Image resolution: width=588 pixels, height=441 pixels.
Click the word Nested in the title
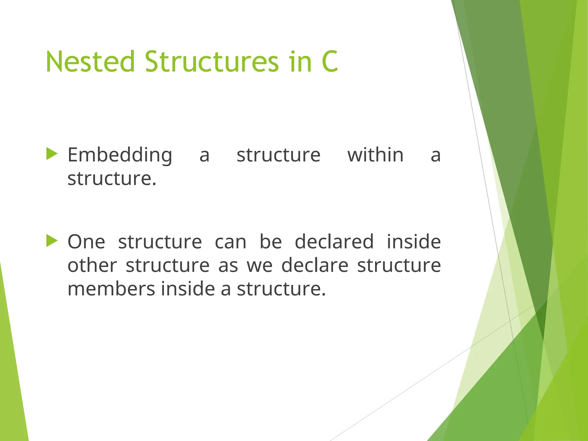pos(90,62)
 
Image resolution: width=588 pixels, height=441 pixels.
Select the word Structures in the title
pos(212,62)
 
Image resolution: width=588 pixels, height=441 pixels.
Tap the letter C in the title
pos(330,62)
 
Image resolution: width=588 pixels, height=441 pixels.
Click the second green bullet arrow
pos(52,241)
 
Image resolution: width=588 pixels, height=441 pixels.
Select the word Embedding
pos(120,155)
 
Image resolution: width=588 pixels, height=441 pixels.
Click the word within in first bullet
pos(375,155)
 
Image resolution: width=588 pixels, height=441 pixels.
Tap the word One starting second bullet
pos(86,242)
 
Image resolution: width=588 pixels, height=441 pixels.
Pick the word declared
pos(334,242)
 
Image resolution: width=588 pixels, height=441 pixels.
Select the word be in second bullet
pos(270,242)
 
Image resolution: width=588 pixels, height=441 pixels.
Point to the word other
pos(92,265)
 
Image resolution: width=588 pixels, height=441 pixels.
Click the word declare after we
pos(315,265)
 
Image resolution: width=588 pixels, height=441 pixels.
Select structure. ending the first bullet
pos(112,179)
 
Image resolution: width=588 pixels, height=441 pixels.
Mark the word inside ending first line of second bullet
pos(414,242)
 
